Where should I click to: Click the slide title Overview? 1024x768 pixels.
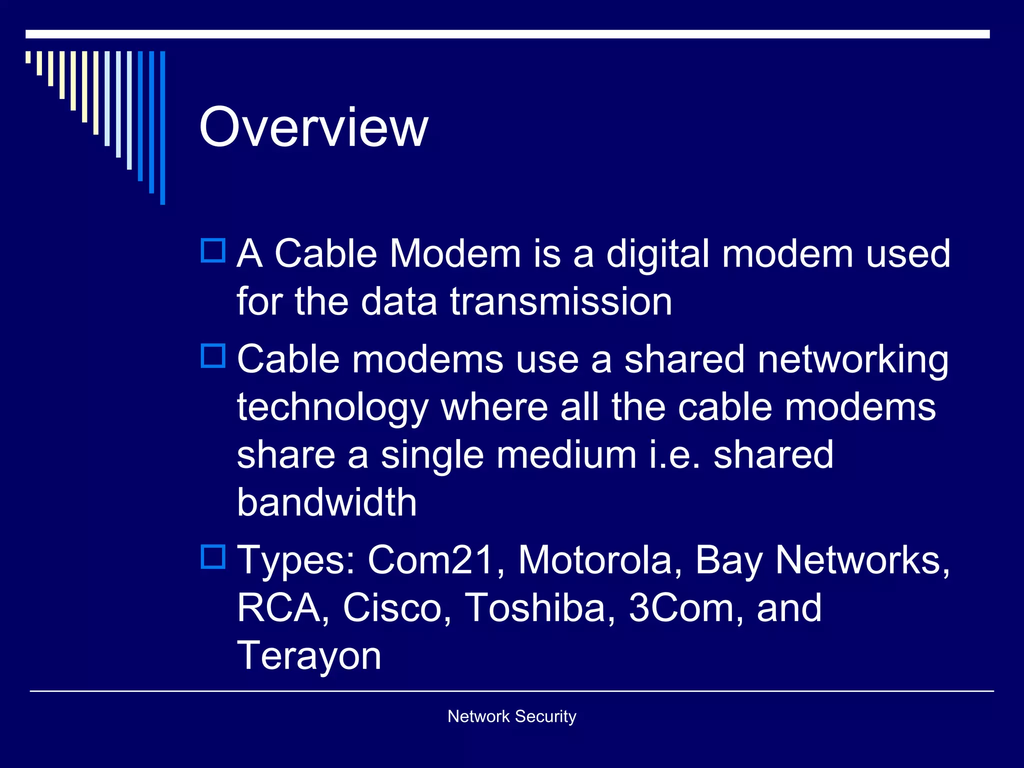[313, 127]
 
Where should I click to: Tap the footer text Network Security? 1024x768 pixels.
[511, 716]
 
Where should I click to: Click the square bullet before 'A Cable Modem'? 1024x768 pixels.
[213, 250]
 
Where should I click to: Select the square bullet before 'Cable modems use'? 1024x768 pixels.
[213, 356]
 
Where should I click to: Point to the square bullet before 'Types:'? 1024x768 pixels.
[213, 556]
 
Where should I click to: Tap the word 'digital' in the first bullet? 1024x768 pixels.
[658, 254]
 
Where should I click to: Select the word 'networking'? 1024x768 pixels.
[853, 360]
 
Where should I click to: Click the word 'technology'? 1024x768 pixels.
[333, 408]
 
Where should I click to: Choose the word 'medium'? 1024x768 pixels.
[566, 455]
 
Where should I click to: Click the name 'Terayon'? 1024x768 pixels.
[309, 656]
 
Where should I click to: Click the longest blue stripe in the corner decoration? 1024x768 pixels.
[162, 127]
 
